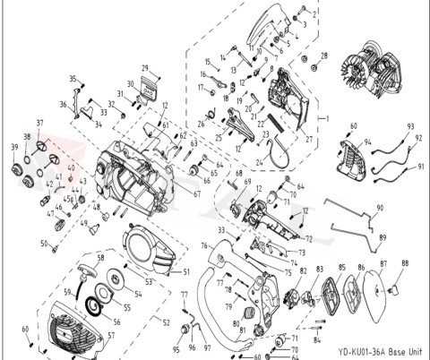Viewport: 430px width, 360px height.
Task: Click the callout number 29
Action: tap(142, 68)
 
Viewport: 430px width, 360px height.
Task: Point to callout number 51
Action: tap(186, 271)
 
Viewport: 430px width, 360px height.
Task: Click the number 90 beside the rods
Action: tap(379, 208)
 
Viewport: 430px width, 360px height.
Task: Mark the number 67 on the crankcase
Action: tap(197, 193)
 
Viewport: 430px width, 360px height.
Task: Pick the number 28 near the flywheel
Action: tap(323, 56)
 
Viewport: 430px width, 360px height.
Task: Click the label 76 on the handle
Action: tap(204, 243)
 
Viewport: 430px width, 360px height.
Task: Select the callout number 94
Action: tap(367, 142)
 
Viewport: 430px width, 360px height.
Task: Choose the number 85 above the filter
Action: tap(341, 267)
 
